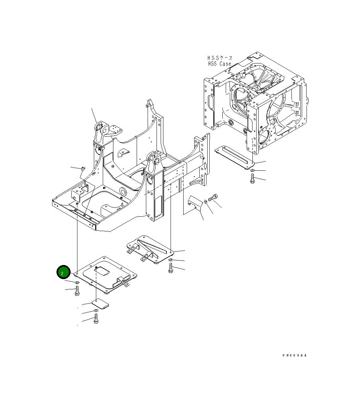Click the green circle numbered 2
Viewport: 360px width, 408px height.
pos(63,273)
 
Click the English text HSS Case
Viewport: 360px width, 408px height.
pos(220,64)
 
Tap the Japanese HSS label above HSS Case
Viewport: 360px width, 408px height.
pos(220,58)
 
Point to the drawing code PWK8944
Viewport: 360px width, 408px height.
pos(295,356)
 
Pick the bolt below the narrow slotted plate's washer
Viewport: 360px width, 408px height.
pos(252,178)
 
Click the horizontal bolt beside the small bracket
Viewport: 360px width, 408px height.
pos(213,197)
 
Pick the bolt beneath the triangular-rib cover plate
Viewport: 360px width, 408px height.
pos(170,268)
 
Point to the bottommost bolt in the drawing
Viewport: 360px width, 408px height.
pos(96,320)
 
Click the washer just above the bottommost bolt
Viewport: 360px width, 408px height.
pos(96,311)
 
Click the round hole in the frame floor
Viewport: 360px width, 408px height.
pos(123,191)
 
